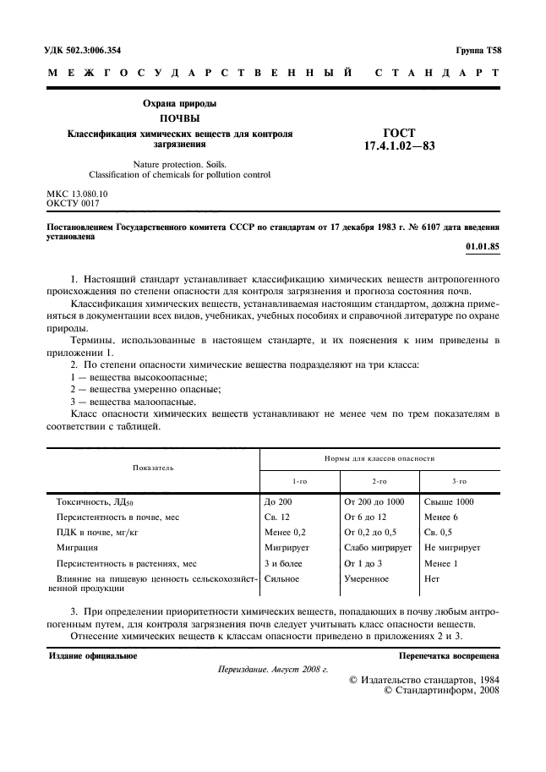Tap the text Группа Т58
478,51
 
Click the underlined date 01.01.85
483,247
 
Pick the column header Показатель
152,467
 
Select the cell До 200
278,501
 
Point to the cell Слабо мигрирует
377,547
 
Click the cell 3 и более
283,562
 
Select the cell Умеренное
366,578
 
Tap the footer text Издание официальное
92,655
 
